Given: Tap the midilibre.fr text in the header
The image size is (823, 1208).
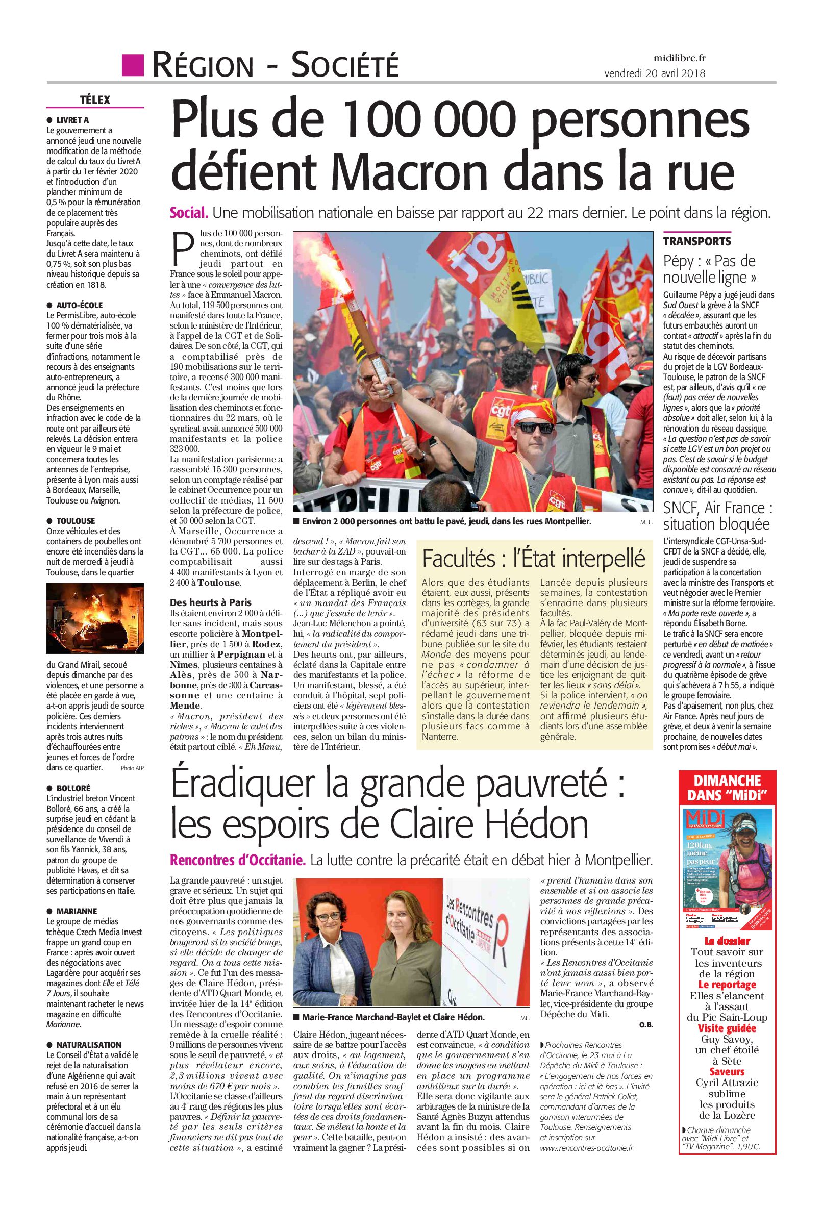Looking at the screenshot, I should click(x=680, y=58).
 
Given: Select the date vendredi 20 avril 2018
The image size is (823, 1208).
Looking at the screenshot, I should click(x=655, y=73).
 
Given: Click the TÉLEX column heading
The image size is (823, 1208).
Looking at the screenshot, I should click(x=95, y=100).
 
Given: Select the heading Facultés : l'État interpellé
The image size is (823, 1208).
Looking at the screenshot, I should click(x=533, y=559).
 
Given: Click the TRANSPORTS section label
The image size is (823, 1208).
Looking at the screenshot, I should click(x=696, y=241).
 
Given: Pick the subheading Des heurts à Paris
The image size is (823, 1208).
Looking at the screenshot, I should click(x=211, y=602).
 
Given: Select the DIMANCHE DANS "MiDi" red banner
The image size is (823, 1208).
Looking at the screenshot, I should click(x=727, y=788).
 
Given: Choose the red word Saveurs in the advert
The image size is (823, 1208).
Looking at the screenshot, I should click(x=727, y=1072).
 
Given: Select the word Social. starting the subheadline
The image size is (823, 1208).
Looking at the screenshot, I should click(x=189, y=213).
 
